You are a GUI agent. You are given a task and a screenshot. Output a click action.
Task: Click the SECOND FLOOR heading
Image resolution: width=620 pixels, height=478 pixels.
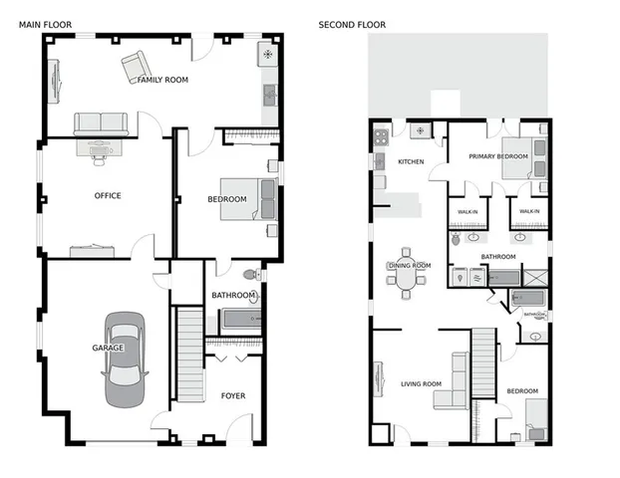pyautogui.click(x=352, y=24)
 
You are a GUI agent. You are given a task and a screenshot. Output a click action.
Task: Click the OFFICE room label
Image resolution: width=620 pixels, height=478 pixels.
pyautogui.click(x=108, y=195)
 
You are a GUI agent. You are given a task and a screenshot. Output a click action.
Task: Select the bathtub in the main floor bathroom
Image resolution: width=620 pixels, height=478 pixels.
pyautogui.click(x=239, y=319)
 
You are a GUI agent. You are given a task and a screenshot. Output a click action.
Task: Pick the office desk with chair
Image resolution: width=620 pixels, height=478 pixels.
pyautogui.click(x=102, y=147)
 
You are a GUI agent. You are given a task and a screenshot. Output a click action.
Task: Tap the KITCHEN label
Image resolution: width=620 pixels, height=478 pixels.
pyautogui.click(x=412, y=161)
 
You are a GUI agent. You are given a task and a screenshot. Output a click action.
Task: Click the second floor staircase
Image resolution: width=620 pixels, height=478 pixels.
pyautogui.click(x=483, y=359)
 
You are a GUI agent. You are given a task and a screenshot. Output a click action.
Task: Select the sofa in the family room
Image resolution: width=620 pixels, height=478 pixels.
pyautogui.click(x=101, y=124)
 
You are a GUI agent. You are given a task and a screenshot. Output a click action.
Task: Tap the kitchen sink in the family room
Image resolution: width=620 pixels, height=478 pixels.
pyautogui.click(x=269, y=96)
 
